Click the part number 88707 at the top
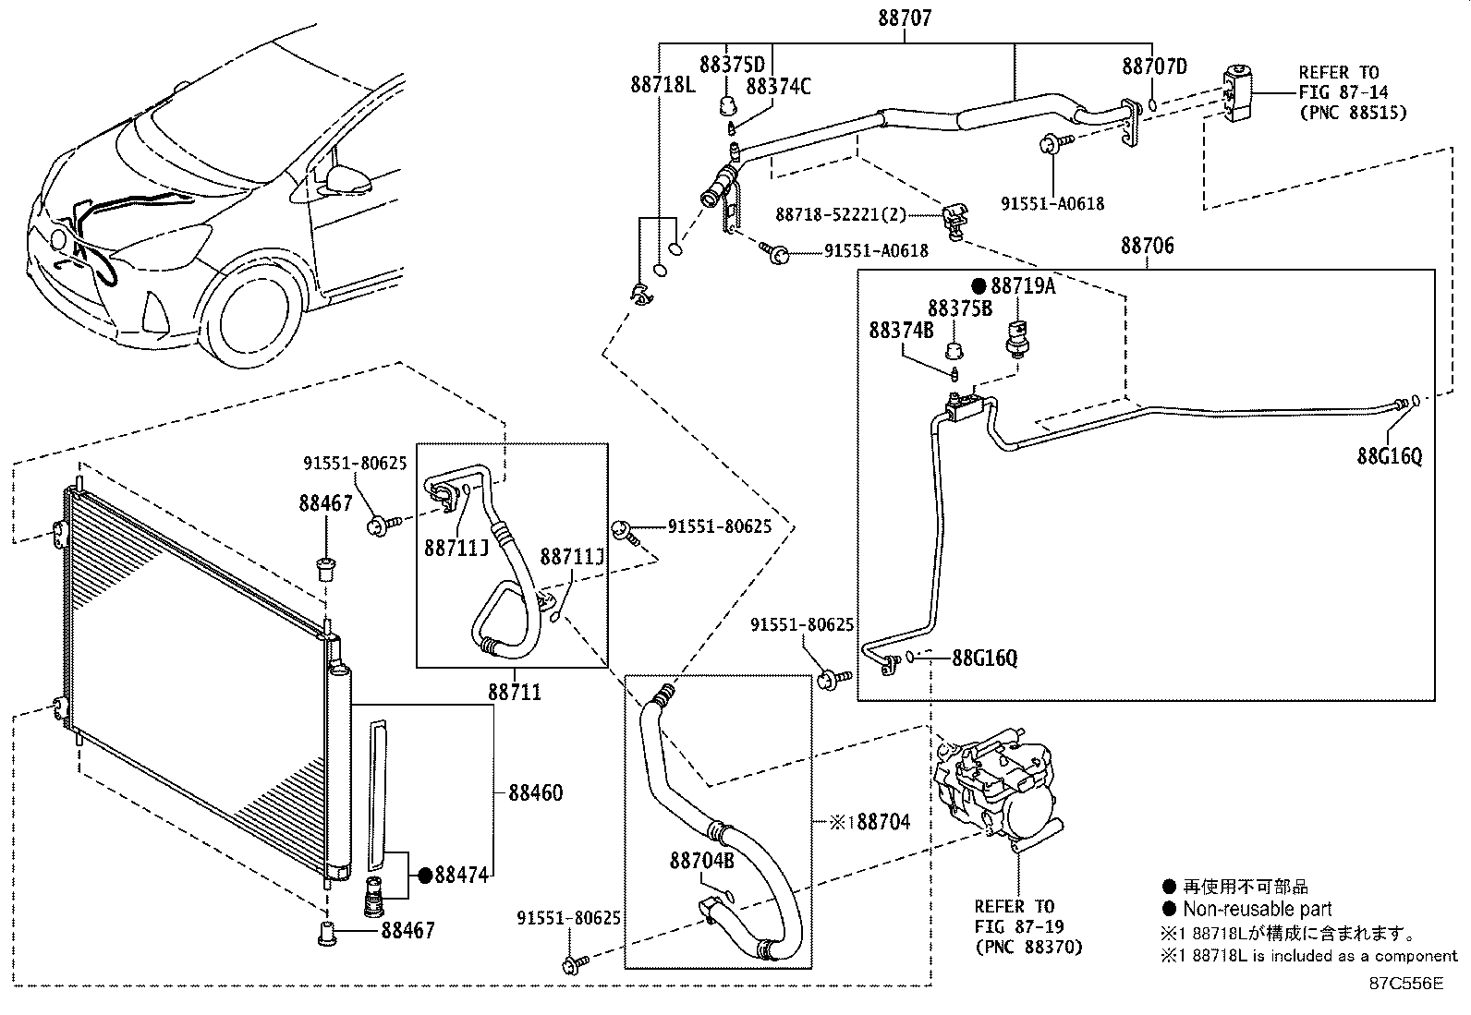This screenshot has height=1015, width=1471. point(905,18)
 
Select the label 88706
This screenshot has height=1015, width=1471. point(1147,246)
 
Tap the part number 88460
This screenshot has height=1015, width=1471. point(536,793)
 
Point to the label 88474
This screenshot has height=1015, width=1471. point(462,875)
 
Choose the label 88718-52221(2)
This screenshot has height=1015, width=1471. point(841,214)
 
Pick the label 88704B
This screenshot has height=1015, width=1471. point(701,860)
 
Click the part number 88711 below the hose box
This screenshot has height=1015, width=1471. point(514,692)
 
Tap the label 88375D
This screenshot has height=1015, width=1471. point(732,65)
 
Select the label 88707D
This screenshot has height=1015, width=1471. point(1154,66)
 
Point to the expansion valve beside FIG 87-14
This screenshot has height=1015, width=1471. point(1237,93)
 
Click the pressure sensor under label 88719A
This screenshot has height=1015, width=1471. point(1017,338)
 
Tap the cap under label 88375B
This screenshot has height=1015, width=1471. point(954,350)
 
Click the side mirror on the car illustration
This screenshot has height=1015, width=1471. point(346,178)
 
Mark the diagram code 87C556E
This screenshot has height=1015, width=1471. point(1406,984)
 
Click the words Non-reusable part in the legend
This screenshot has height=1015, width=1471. point(1257,910)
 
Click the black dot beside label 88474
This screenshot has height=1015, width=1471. point(426,876)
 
